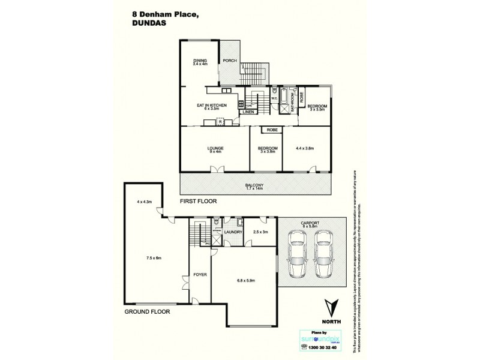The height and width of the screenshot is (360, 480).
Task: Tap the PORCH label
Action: [x=229, y=61]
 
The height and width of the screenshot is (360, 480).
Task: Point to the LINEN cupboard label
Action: [x=249, y=112]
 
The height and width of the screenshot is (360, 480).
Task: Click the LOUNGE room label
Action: [x=215, y=149]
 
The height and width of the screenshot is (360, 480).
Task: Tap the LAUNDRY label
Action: [x=232, y=232]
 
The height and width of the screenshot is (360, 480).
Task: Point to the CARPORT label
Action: [x=310, y=223]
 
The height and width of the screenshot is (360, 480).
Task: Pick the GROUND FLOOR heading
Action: [x=148, y=312]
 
